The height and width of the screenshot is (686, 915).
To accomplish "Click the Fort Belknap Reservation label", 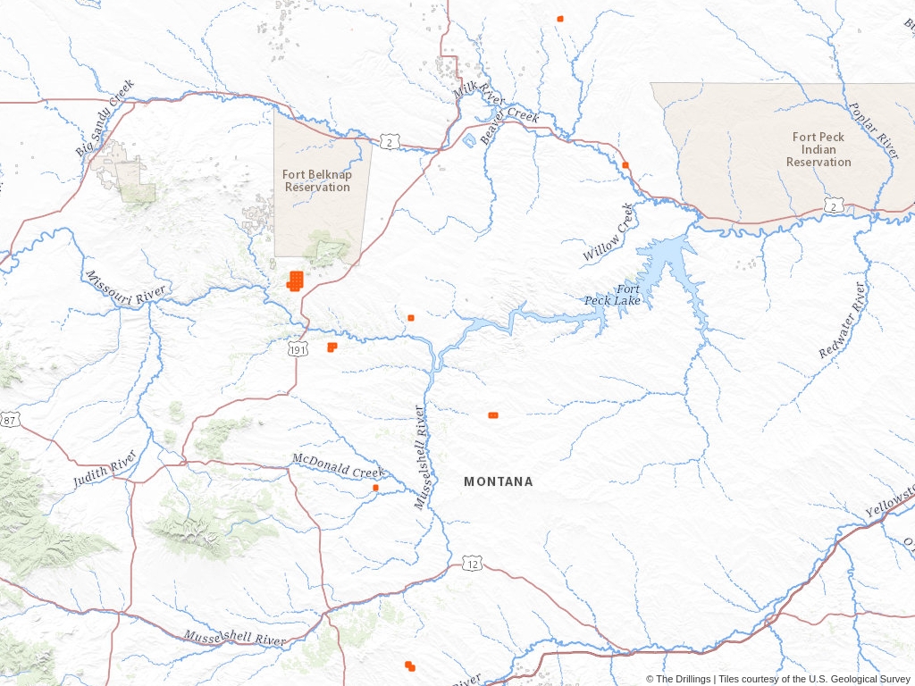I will [317, 180].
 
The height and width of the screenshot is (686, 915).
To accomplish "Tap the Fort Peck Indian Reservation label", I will [818, 149].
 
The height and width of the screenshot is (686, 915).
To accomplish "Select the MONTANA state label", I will [498, 481].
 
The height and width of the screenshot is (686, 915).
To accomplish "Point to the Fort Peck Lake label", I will [614, 295].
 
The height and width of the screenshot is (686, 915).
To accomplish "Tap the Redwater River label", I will [842, 321].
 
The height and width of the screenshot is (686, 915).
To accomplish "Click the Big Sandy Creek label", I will [105, 119].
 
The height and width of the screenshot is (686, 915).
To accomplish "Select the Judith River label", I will [105, 469].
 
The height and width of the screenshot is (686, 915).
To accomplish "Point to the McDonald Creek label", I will [338, 464].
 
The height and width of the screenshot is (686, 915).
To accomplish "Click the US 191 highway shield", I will [298, 351].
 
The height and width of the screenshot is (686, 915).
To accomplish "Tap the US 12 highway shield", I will [473, 564].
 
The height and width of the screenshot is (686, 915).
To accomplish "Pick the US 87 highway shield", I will [8, 419].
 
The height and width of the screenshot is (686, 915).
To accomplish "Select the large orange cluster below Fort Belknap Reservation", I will [295, 280].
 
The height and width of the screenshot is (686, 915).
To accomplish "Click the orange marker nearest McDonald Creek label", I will [376, 488].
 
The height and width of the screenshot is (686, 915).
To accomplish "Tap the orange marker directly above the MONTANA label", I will [492, 415].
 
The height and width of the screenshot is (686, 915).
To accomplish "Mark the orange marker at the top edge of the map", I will [560, 19].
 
